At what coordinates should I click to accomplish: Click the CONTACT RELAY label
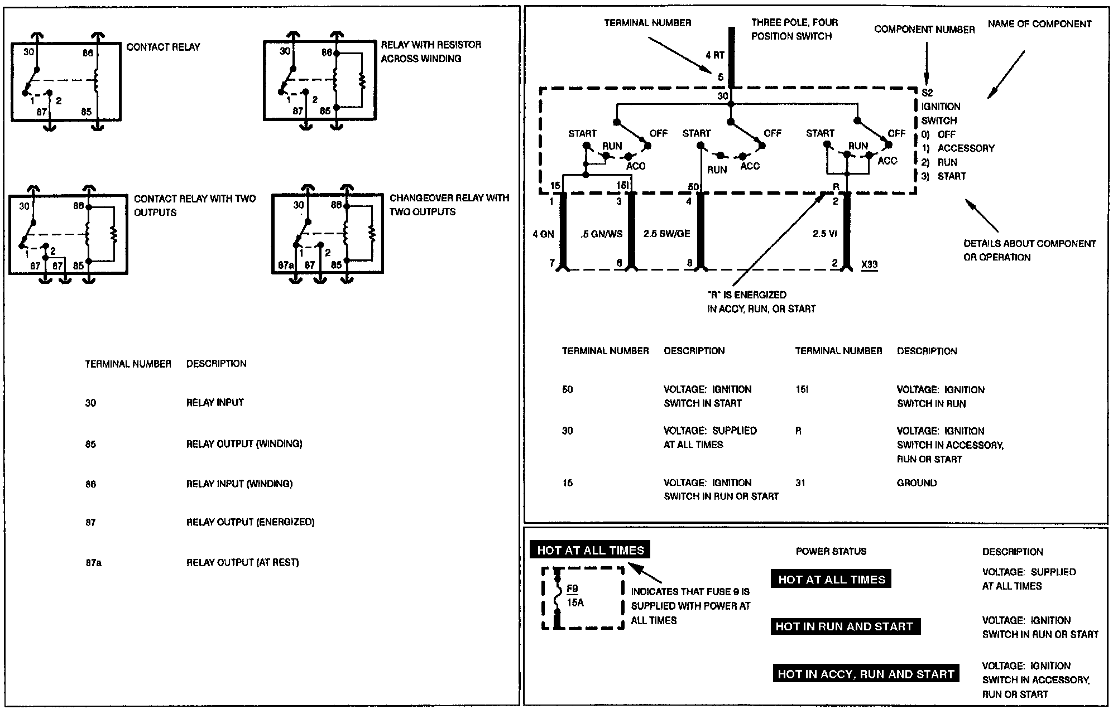pyautogui.click(x=163, y=47)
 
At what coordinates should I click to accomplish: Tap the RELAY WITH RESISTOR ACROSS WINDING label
pyautogui.click(x=430, y=51)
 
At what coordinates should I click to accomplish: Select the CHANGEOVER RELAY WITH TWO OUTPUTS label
pyautogui.click(x=449, y=205)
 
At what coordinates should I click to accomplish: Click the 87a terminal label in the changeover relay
pyautogui.click(x=285, y=266)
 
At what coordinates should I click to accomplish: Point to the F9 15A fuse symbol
pyautogui.click(x=558, y=597)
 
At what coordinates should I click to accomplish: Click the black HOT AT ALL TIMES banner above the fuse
pyautogui.click(x=590, y=551)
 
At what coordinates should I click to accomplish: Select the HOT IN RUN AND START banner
pyautogui.click(x=844, y=626)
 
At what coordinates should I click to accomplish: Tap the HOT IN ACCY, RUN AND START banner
pyautogui.click(x=865, y=674)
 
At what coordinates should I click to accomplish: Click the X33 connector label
pyautogui.click(x=869, y=264)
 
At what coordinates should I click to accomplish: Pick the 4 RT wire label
pyautogui.click(x=714, y=55)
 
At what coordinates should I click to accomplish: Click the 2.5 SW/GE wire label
pyautogui.click(x=666, y=234)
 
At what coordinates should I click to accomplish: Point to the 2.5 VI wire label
pyautogui.click(x=824, y=234)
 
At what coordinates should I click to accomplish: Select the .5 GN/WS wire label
pyautogui.click(x=601, y=234)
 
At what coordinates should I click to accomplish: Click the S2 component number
pyautogui.click(x=927, y=93)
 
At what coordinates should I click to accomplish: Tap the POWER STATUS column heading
pyautogui.click(x=831, y=551)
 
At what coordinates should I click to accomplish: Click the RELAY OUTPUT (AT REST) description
pyautogui.click(x=242, y=562)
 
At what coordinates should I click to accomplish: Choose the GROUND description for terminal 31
pyautogui.click(x=917, y=483)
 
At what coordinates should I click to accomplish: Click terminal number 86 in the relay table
pyautogui.click(x=90, y=484)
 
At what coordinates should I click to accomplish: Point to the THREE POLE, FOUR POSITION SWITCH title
pyautogui.click(x=794, y=29)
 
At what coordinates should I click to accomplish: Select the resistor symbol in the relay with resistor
pyautogui.click(x=362, y=82)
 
